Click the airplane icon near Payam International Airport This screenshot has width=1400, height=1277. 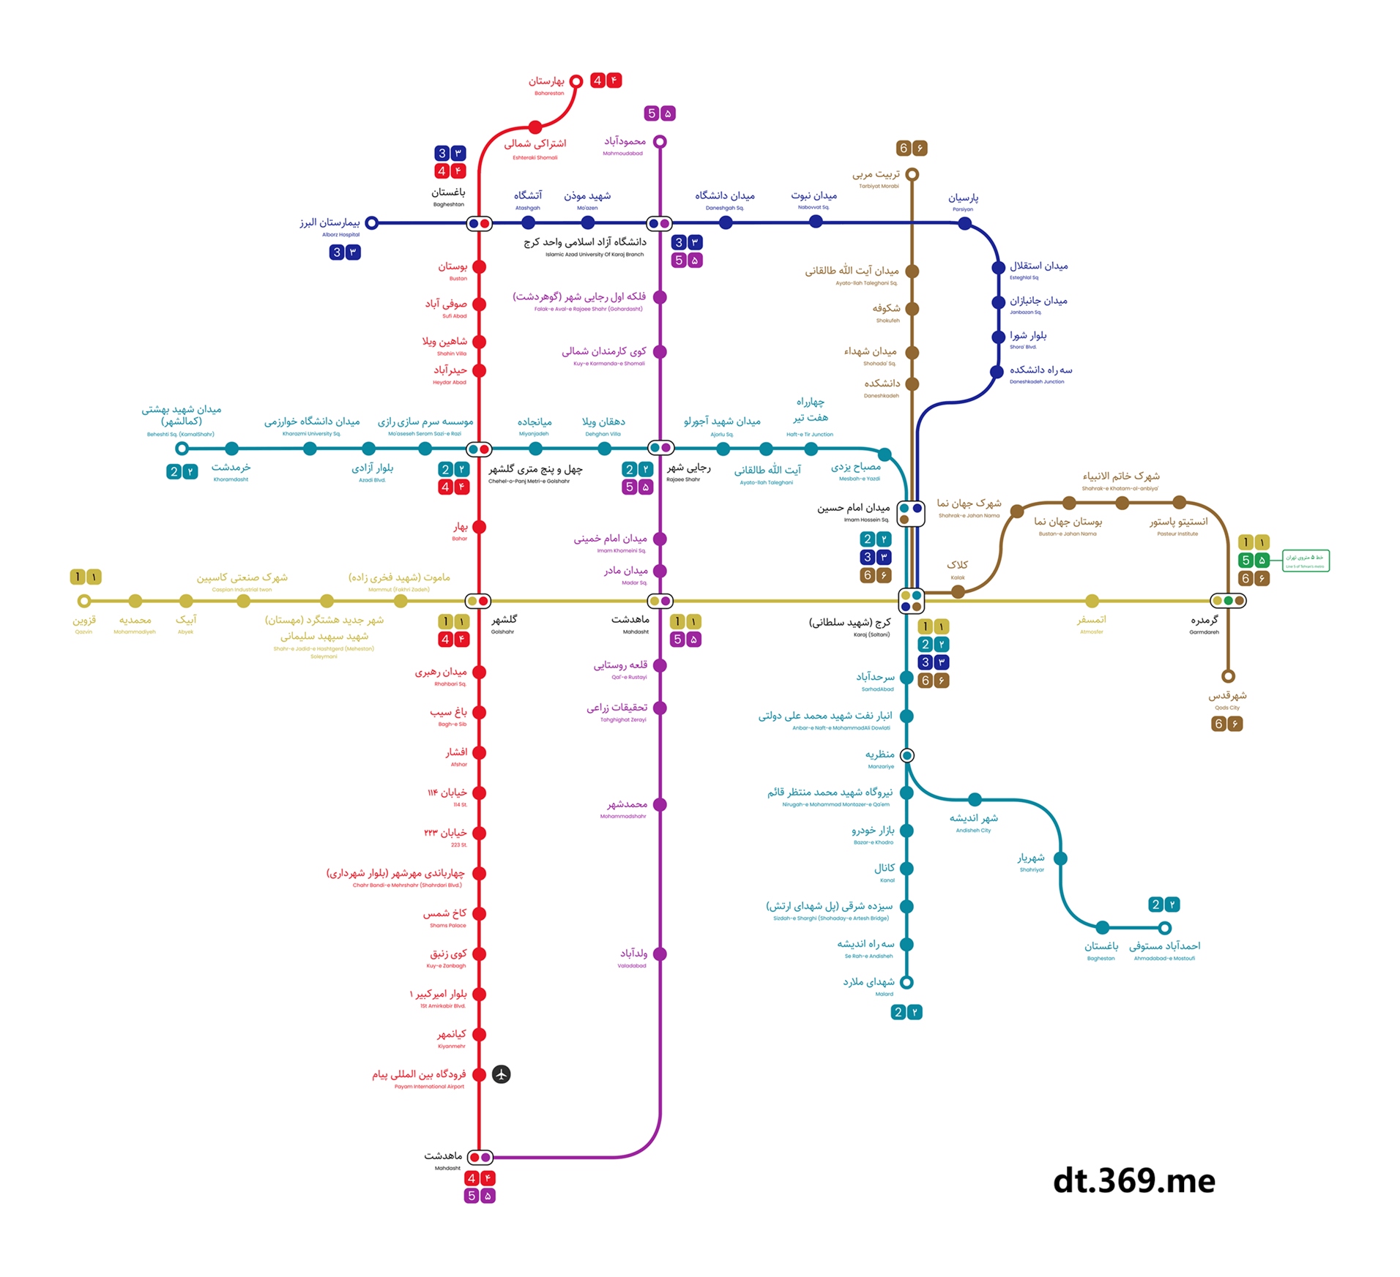[501, 1074]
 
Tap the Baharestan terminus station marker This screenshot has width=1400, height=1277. [576, 81]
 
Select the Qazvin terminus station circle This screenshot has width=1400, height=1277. [84, 601]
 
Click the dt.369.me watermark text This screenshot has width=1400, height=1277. [1133, 1180]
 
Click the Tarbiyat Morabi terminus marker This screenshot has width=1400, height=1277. [912, 174]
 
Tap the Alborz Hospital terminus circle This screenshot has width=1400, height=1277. [372, 222]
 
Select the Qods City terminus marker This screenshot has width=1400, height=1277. [1228, 675]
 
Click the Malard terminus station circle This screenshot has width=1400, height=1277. [906, 982]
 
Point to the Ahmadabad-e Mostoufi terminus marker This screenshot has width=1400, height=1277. [1164, 928]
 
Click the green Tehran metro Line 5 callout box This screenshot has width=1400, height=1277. [1306, 561]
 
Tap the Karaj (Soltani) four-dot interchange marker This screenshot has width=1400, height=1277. [911, 601]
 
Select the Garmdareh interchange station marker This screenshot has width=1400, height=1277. [1228, 601]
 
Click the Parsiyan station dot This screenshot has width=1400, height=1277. [964, 223]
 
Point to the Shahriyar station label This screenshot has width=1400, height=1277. [1031, 861]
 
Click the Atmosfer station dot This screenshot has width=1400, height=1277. [1092, 601]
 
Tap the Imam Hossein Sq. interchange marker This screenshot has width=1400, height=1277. [910, 513]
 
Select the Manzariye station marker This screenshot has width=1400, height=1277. [906, 754]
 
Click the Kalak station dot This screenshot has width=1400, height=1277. [958, 591]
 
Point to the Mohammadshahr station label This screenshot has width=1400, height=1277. [626, 808]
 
